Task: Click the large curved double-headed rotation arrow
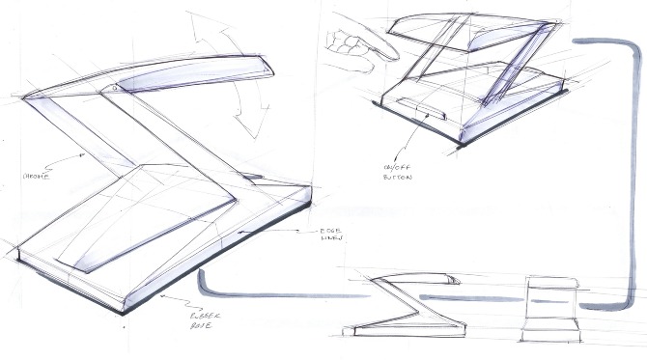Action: pyautogui.click(x=220, y=63)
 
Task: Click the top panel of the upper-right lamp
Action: pyautogui.click(x=473, y=34)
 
